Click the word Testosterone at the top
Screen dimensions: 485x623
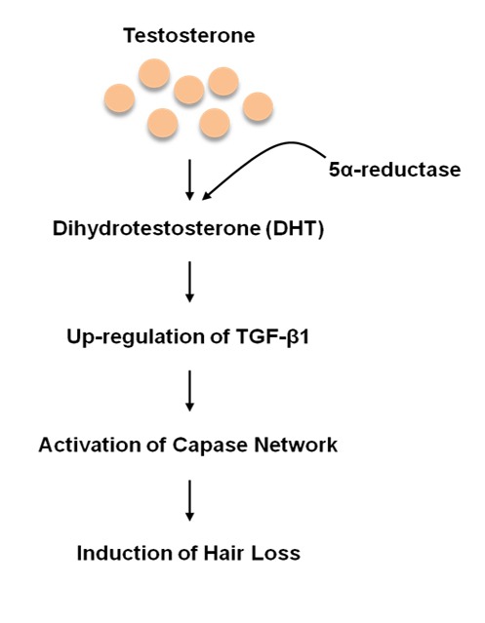189,35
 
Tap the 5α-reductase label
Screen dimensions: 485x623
395,170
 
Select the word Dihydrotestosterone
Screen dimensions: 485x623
157,229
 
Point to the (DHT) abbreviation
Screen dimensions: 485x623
295,229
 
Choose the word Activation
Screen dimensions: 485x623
90,445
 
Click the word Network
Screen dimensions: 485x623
296,445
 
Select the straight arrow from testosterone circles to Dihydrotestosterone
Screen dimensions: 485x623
189,179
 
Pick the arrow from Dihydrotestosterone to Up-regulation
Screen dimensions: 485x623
189,282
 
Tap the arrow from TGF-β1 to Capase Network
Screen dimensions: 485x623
189,391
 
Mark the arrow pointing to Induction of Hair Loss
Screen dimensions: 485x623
189,500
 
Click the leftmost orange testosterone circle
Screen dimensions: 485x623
119,97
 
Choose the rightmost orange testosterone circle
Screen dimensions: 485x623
258,106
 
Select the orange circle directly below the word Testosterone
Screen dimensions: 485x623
189,90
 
